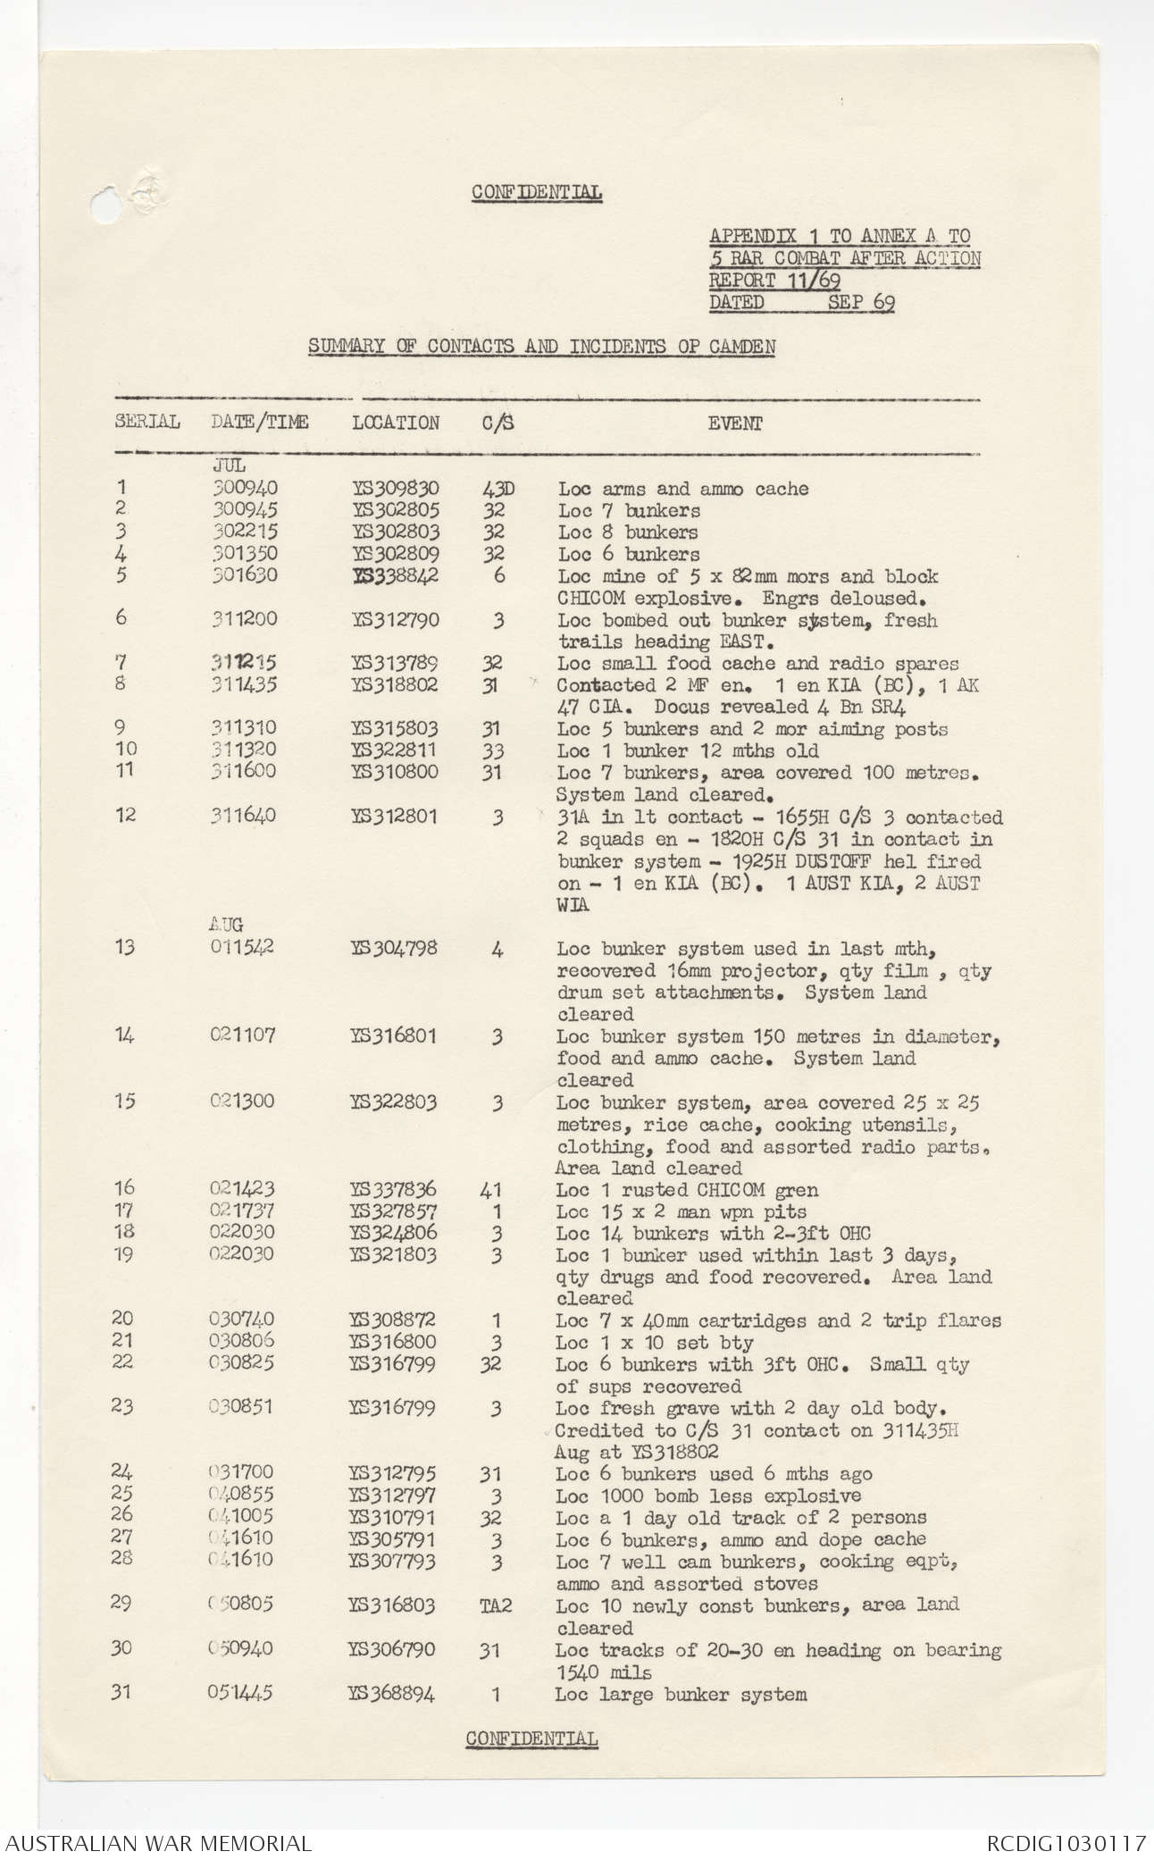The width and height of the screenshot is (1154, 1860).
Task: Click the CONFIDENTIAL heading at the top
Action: pyautogui.click(x=537, y=192)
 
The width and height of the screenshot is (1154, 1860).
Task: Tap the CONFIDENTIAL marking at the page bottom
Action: pyautogui.click(x=531, y=1738)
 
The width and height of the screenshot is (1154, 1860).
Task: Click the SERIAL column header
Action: pyautogui.click(x=147, y=422)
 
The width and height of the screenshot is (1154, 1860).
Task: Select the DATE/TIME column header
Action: pyautogui.click(x=259, y=422)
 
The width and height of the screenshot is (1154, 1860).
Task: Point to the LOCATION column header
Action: pyautogui.click(x=396, y=423)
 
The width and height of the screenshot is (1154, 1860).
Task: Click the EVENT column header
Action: pyautogui.click(x=735, y=423)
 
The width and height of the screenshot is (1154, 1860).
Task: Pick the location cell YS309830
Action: pyautogui.click(x=396, y=489)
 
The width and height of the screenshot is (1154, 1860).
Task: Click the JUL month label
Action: pyautogui.click(x=228, y=465)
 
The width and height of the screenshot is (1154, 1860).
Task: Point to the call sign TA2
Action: pyautogui.click(x=496, y=1605)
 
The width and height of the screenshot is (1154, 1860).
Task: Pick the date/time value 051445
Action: pyautogui.click(x=240, y=1694)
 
